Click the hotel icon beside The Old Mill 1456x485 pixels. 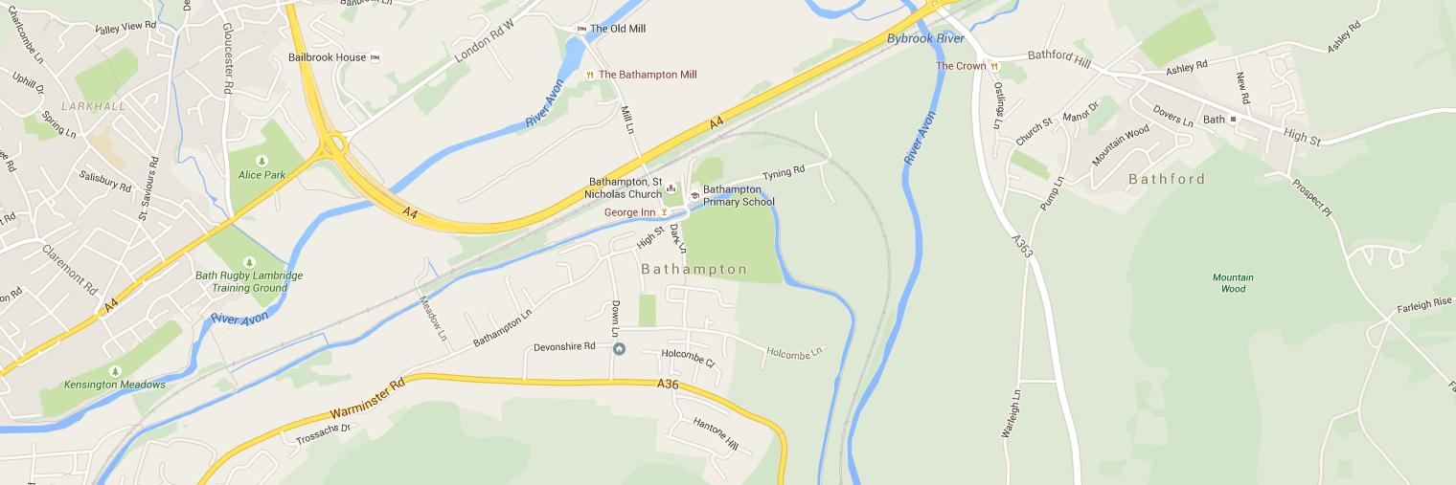(581, 29)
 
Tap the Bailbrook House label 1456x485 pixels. (327, 57)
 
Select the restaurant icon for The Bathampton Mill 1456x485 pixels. (590, 75)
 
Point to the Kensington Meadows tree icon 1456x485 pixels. (116, 371)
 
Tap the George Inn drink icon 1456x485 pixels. (663, 211)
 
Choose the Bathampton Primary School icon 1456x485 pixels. (694, 195)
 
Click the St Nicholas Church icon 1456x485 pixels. (671, 187)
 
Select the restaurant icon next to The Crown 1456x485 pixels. (995, 67)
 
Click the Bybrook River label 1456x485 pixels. (925, 38)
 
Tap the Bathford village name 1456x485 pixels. (1166, 179)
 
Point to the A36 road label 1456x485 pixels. (668, 385)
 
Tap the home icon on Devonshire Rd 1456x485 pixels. (619, 348)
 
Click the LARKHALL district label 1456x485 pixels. (94, 106)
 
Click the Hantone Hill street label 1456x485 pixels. (716, 435)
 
